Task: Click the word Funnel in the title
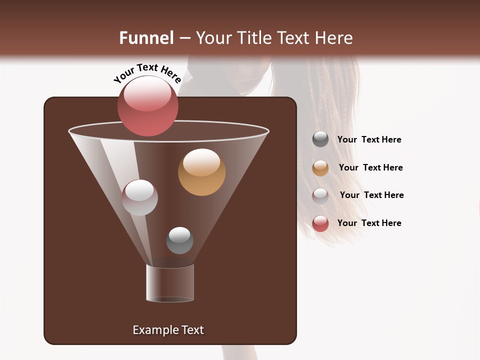pos(146,38)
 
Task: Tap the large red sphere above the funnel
pos(147,106)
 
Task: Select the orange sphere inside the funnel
pos(201,172)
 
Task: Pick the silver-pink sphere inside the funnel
pos(140,197)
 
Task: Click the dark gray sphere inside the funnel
pos(179,240)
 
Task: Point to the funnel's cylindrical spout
pos(170,283)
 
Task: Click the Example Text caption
pos(168,330)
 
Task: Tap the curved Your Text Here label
pos(147,73)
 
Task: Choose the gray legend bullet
pos(320,139)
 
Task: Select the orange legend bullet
pos(320,168)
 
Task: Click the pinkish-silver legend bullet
pos(320,196)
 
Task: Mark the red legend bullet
pos(320,223)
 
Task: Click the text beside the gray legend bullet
pos(369,139)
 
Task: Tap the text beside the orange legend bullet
pos(370,167)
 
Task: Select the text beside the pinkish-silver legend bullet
pos(371,195)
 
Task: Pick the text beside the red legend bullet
pos(369,223)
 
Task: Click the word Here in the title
pos(334,38)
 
